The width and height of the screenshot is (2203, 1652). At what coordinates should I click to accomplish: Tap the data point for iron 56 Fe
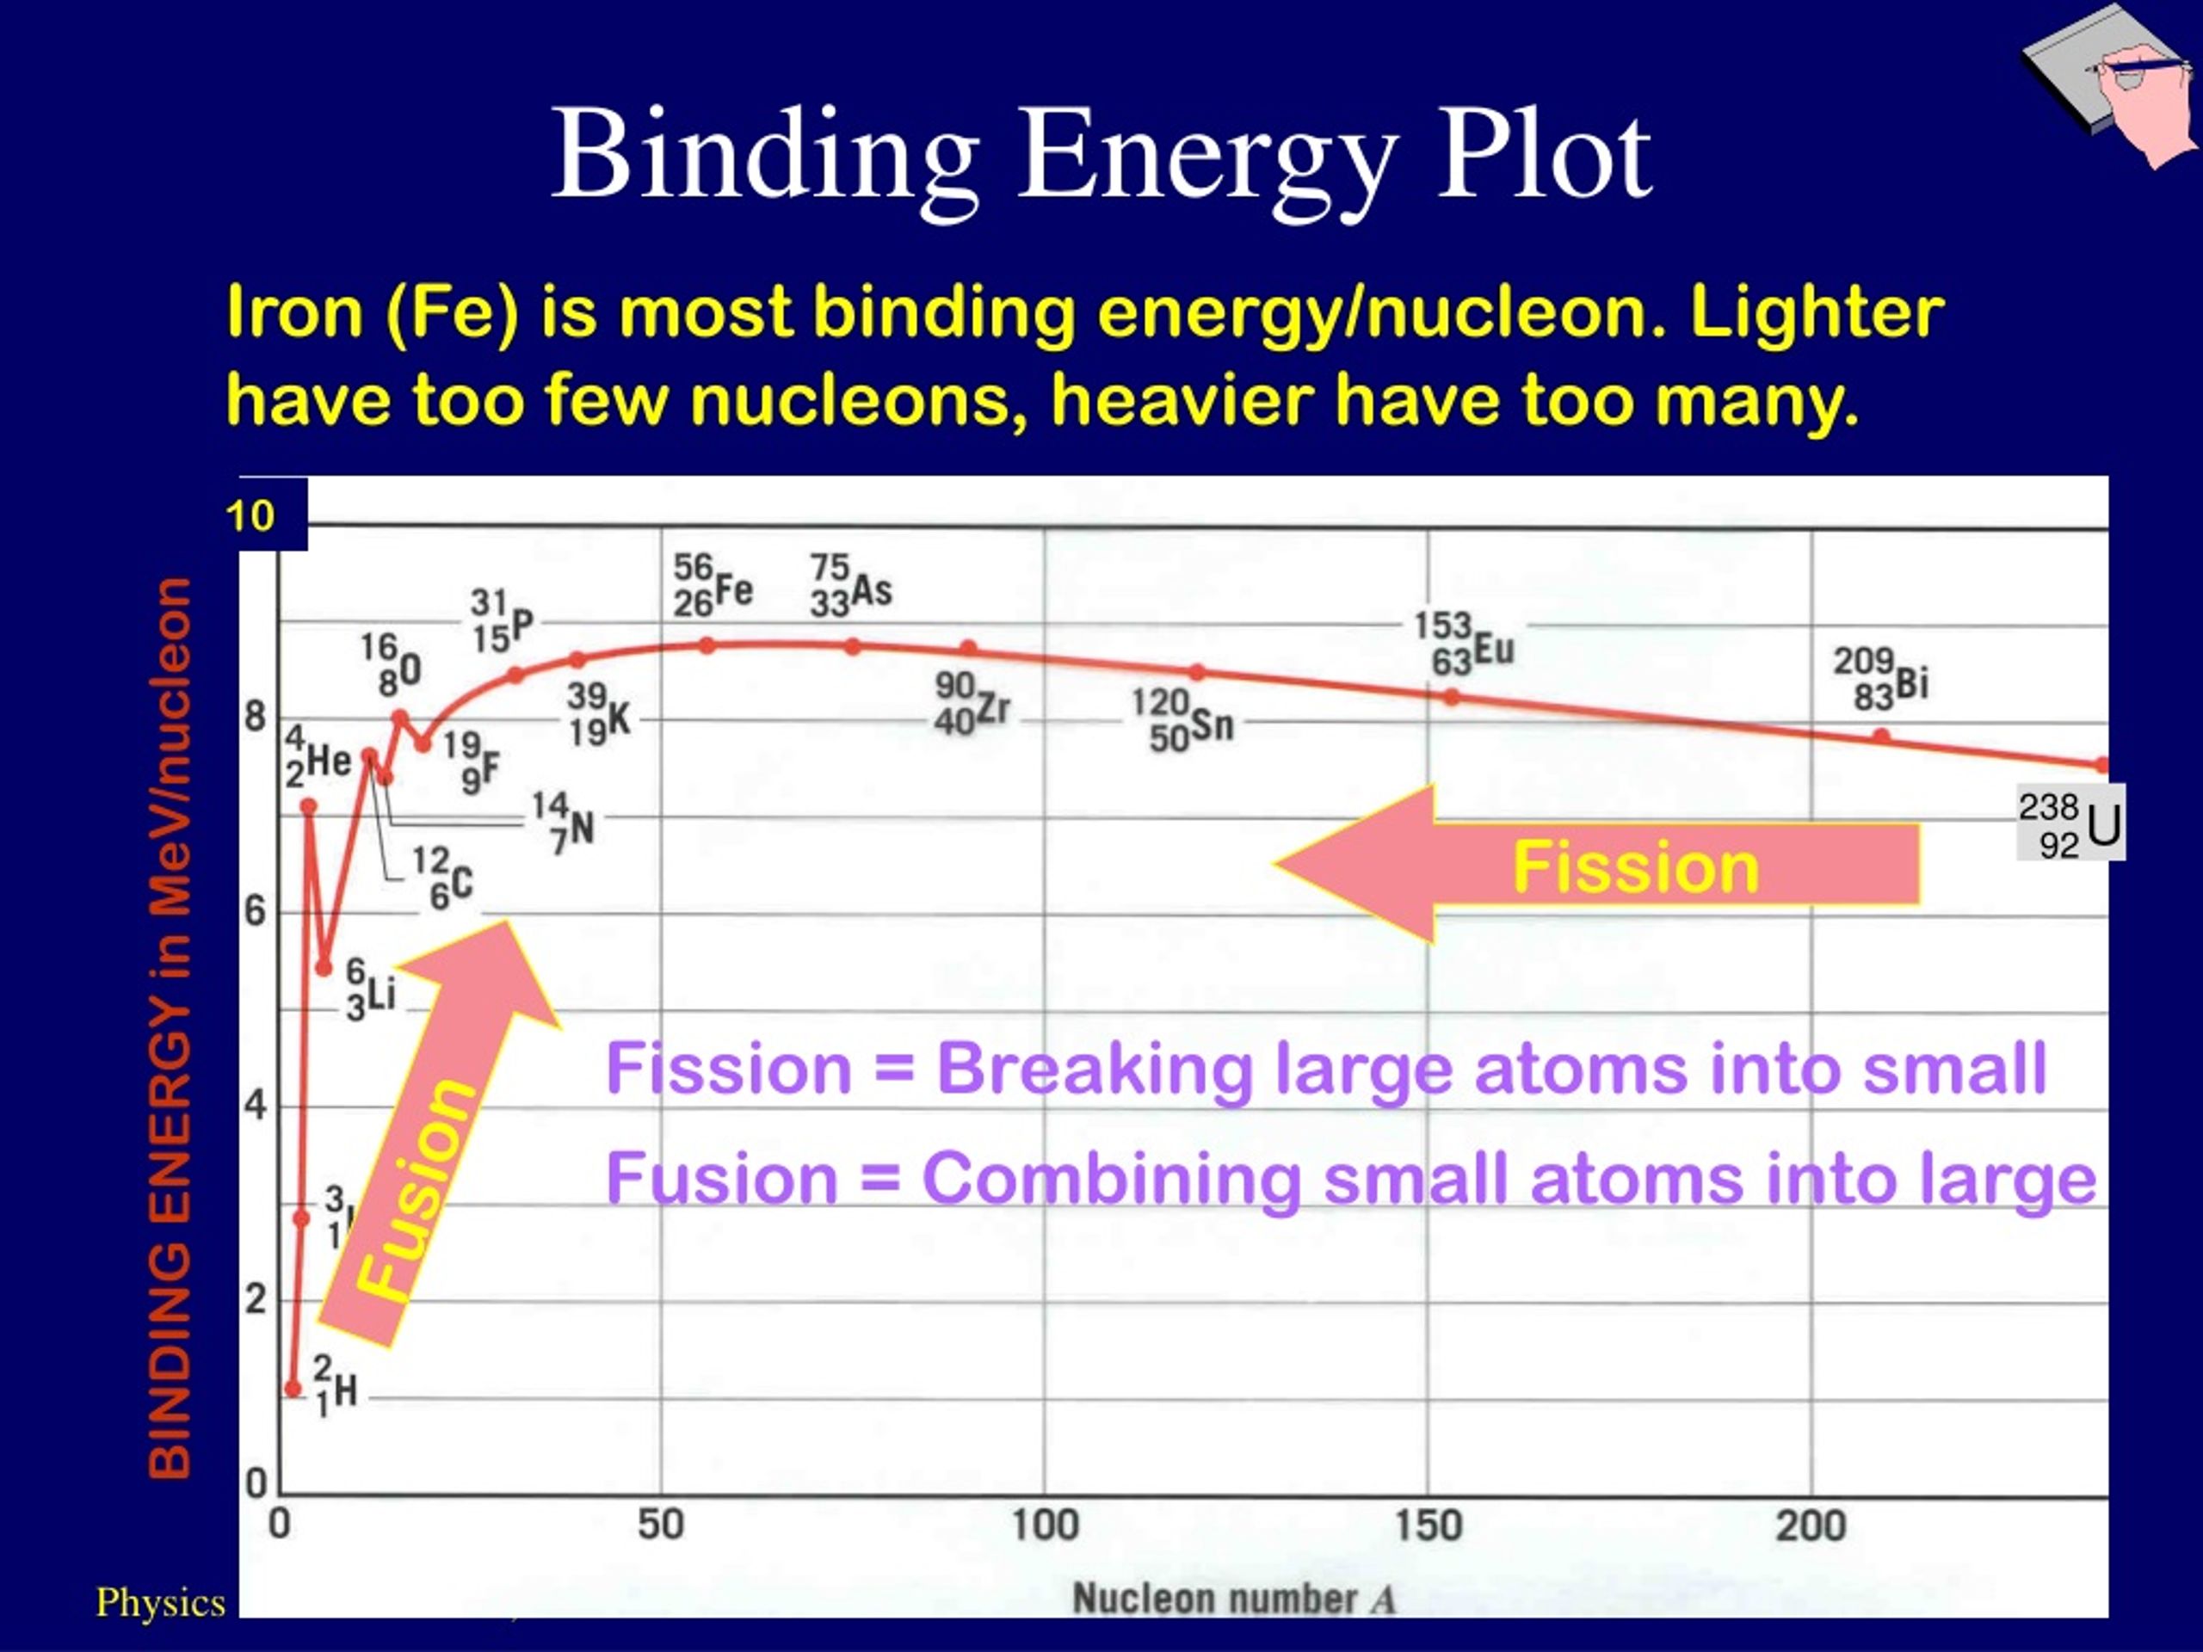click(707, 645)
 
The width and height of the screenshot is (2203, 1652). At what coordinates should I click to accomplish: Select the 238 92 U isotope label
click(2070, 824)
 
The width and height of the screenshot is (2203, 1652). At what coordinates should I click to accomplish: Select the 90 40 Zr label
click(971, 704)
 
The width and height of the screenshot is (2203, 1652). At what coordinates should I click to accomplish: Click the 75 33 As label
click(849, 587)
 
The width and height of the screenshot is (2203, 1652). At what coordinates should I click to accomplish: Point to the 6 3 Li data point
click(324, 968)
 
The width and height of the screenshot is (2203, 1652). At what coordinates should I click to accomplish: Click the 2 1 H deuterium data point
click(293, 1388)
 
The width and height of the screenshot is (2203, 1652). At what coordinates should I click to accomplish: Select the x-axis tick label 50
click(660, 1526)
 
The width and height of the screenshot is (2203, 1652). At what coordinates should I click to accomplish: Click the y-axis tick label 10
click(250, 515)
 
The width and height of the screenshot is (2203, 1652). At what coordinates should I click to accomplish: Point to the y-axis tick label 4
click(256, 1106)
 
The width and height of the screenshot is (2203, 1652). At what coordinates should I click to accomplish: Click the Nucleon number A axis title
click(1233, 1600)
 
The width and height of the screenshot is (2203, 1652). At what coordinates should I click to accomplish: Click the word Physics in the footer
click(160, 1602)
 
